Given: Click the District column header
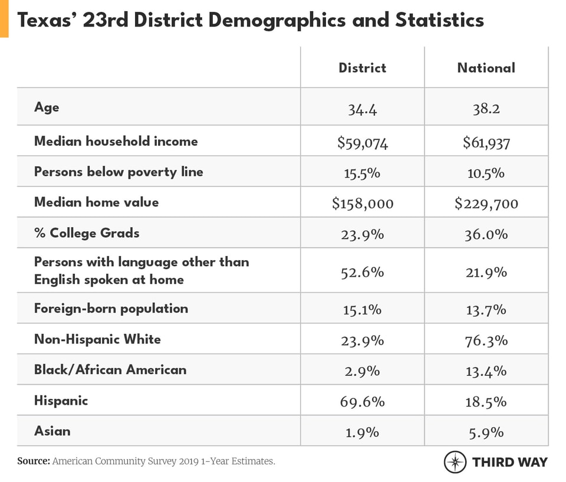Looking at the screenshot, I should pyautogui.click(x=362, y=68).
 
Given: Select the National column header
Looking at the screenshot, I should pyautogui.click(x=486, y=68).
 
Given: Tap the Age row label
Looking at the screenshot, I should pyautogui.click(x=47, y=107).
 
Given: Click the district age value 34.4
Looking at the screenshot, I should pyautogui.click(x=362, y=109).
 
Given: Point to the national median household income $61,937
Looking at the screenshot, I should pyautogui.click(x=486, y=142).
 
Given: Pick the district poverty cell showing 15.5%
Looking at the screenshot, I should pyautogui.click(x=362, y=173).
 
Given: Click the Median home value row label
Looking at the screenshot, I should pyautogui.click(x=96, y=202).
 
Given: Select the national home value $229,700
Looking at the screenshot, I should pyautogui.click(x=486, y=204).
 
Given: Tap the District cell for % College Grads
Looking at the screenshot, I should pyautogui.click(x=362, y=234).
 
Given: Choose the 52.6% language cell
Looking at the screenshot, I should pyautogui.click(x=362, y=273).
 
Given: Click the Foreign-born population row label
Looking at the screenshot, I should pyautogui.click(x=111, y=309).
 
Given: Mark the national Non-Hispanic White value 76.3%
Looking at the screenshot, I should pyautogui.click(x=486, y=340).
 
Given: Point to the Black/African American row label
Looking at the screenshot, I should pyautogui.click(x=110, y=370).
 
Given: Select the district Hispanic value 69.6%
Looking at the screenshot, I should pyautogui.click(x=362, y=402).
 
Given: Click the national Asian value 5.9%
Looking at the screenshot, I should pyautogui.click(x=486, y=432).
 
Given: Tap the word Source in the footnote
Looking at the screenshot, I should pyautogui.click(x=33, y=461).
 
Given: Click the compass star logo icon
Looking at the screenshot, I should pyautogui.click(x=455, y=462).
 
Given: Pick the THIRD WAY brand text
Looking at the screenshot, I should pyautogui.click(x=509, y=462).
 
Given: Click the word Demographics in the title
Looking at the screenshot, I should pyautogui.click(x=274, y=20).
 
